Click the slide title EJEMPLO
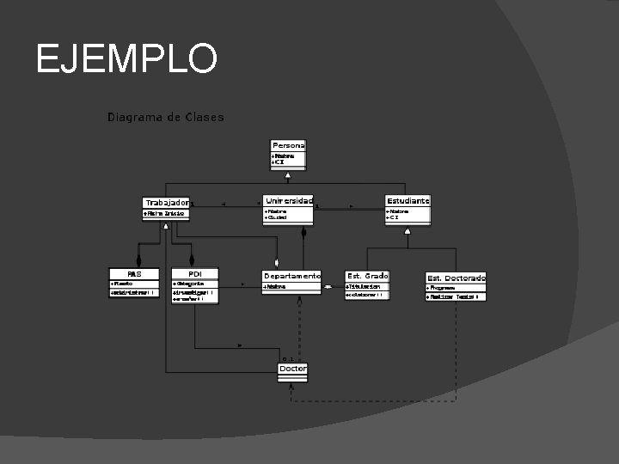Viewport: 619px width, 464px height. [x=126, y=59]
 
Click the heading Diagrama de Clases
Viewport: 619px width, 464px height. [x=165, y=117]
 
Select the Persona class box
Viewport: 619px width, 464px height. [x=288, y=154]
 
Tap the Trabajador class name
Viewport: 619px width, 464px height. [x=166, y=202]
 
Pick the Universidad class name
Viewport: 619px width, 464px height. [x=289, y=200]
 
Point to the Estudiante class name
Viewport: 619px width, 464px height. [x=408, y=200]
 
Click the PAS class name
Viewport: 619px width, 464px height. [x=134, y=273]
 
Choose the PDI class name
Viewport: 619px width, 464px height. [x=194, y=273]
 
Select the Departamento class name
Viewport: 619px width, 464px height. [x=291, y=276]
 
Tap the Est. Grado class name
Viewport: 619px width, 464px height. [x=367, y=276]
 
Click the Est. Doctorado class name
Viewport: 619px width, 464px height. [x=456, y=278]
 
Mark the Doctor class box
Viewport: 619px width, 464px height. [x=292, y=371]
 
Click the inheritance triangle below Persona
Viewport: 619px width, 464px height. [x=289, y=174]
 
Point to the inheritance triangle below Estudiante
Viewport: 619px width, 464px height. [x=408, y=231]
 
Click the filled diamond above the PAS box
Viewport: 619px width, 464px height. [x=138, y=259]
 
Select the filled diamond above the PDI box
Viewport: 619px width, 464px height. [x=192, y=259]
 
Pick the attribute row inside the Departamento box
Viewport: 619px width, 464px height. [x=291, y=287]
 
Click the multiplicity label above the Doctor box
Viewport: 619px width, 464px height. [x=288, y=358]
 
